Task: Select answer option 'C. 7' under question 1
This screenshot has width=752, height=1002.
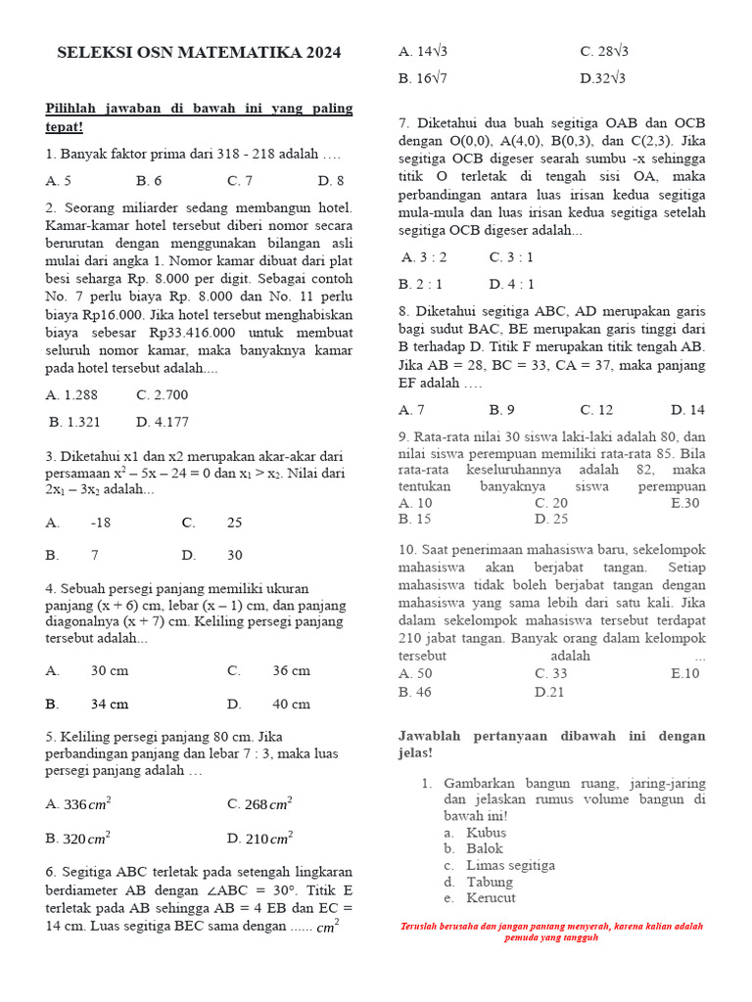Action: (240, 180)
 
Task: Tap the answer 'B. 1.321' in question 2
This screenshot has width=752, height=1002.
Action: (74, 422)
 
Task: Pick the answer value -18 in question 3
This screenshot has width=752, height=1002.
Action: (101, 523)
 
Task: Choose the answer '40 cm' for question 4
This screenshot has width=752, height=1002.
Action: (291, 704)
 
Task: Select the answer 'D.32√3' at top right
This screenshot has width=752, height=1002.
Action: (603, 78)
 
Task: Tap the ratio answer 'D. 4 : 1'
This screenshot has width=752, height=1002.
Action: (512, 284)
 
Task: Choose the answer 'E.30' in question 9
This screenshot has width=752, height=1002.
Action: (685, 503)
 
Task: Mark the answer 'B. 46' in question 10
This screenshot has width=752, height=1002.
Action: (415, 691)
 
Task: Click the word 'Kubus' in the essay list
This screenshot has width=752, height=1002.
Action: (487, 833)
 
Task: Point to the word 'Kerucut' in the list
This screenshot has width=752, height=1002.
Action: (492, 897)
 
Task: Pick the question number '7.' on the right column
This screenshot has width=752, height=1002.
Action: (404, 123)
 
